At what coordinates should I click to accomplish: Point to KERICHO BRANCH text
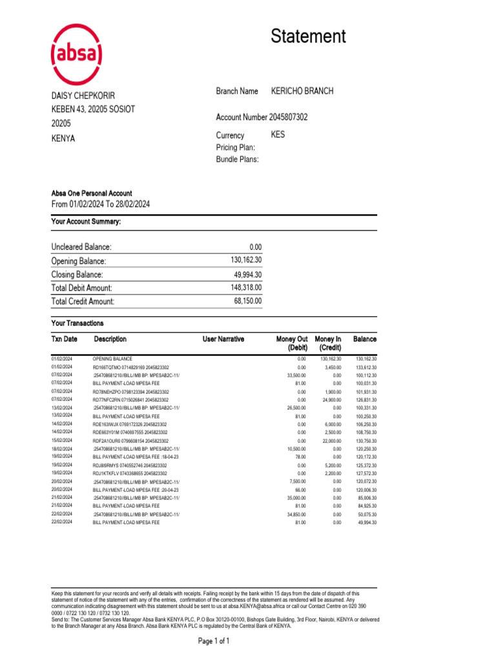[302, 91]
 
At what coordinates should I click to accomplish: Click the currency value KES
[278, 135]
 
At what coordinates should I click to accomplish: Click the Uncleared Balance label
[81, 247]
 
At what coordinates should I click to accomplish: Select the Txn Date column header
[64, 339]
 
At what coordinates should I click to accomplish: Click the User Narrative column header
[223, 339]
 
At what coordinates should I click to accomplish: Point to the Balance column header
[365, 339]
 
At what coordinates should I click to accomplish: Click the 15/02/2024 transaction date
[62, 440]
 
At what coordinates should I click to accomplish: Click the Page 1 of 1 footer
[213, 641]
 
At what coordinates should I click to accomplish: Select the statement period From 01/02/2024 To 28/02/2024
[100, 204]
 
